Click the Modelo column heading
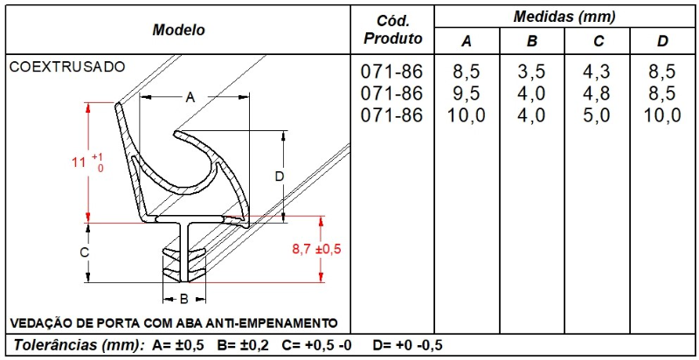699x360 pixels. [178, 30]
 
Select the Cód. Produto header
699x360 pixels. [392, 30]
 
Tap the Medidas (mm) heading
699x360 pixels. [564, 16]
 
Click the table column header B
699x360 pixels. [532, 42]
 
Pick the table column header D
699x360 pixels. [662, 42]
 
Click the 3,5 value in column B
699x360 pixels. [532, 71]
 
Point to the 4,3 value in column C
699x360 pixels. [598, 71]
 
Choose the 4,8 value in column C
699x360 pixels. [598, 93]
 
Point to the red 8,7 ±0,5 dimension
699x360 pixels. [315, 249]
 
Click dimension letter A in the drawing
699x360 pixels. [190, 98]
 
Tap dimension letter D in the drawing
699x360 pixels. [280, 177]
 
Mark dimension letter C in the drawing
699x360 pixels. [84, 253]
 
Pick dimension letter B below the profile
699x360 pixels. [184, 298]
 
